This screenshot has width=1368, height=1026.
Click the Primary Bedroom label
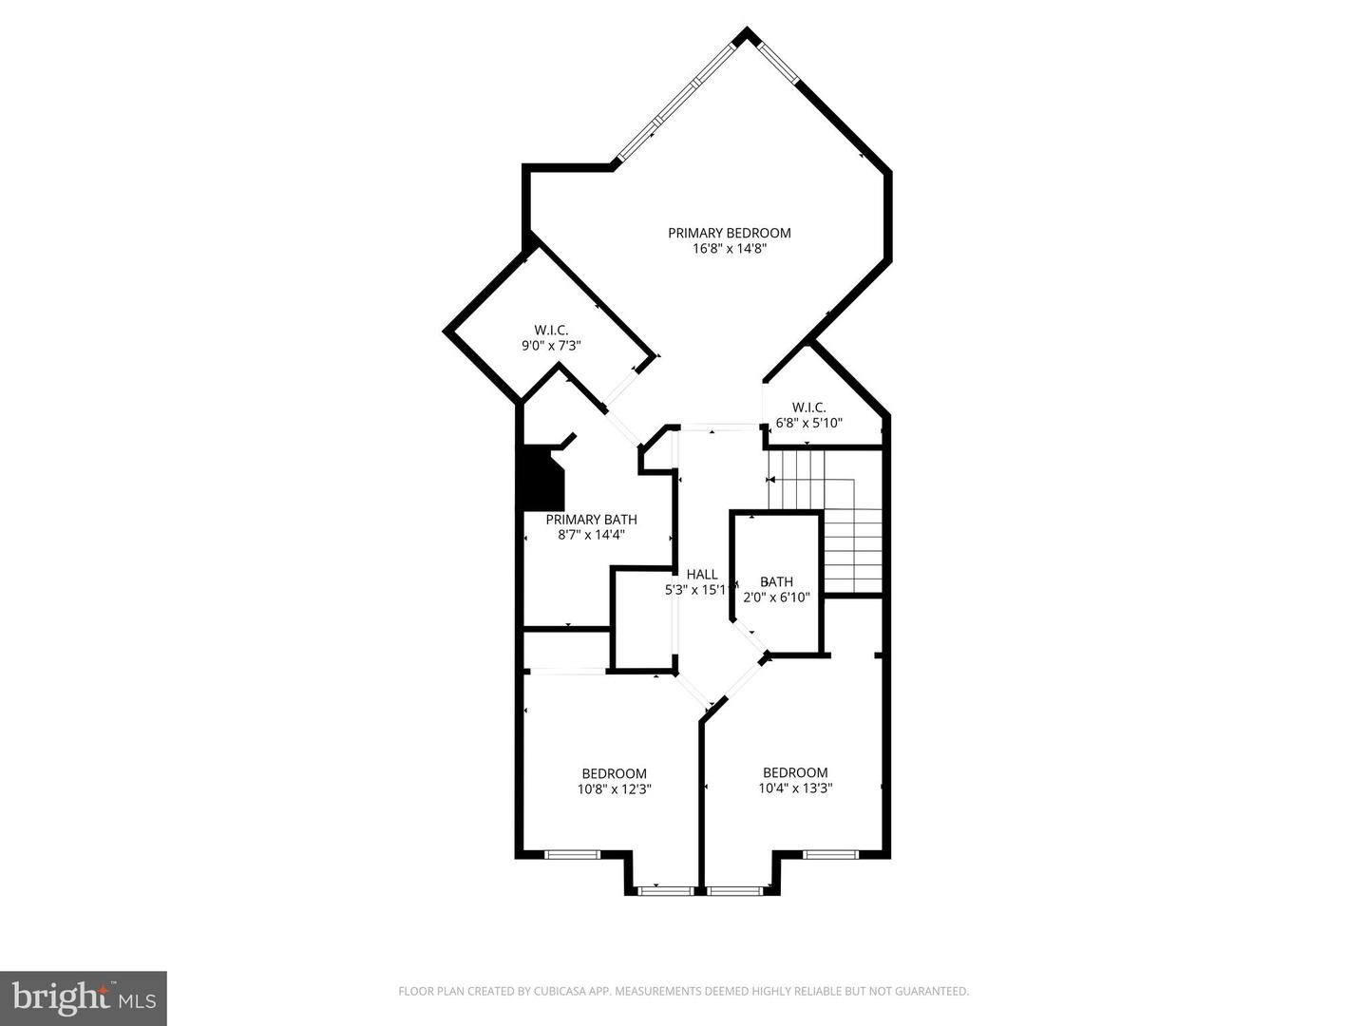pos(729,233)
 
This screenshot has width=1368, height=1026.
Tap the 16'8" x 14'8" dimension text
pos(729,249)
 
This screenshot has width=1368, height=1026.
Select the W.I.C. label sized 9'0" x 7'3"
pos(551,330)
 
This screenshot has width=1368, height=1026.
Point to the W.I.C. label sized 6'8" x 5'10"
pos(809,407)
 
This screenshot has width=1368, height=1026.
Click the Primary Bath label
pos(591,520)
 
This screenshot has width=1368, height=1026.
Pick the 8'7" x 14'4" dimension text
pos(591,535)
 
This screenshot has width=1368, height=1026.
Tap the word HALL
pos(702,574)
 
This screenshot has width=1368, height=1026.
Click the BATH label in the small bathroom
pos(776,581)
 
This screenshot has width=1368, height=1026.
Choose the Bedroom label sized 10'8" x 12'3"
pos(614,773)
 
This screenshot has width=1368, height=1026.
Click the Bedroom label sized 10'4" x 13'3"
pos(795,772)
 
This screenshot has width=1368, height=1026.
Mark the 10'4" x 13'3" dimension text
pos(795,788)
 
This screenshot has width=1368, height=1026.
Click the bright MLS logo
pos(83,997)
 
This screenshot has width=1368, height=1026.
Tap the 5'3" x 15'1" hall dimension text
pos(697,590)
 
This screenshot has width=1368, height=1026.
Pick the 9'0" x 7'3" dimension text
pos(551,346)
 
